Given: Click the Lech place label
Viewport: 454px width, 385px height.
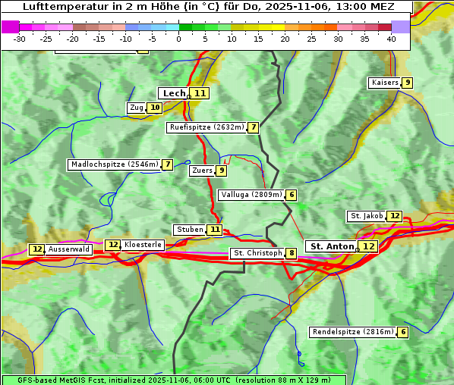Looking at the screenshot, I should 174,93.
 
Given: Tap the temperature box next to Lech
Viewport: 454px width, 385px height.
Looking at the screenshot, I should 200,93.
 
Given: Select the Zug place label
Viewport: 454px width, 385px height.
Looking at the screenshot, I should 137,108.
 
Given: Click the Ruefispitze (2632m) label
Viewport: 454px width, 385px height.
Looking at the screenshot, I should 207,127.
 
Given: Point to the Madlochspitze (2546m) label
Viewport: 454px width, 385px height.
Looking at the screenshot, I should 114,164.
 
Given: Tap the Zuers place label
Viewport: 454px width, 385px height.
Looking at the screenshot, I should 202,171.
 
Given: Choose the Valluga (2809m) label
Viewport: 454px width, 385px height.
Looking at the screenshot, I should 251,195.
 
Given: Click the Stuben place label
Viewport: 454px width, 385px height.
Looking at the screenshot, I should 190,230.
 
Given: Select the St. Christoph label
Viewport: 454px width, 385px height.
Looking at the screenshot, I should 257,253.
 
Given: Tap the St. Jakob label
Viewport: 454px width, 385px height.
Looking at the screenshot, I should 367,217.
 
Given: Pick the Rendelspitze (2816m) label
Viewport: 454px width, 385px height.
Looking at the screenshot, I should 353,332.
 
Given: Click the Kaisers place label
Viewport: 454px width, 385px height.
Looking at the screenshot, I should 384,83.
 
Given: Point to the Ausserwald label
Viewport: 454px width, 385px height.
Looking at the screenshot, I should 69,249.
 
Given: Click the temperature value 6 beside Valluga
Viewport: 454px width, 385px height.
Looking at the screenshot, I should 292,195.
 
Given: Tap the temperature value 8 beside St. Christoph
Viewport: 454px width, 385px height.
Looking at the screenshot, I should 292,253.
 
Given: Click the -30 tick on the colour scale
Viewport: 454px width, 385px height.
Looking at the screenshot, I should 20,39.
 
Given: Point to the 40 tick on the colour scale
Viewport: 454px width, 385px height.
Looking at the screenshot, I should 391,39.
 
